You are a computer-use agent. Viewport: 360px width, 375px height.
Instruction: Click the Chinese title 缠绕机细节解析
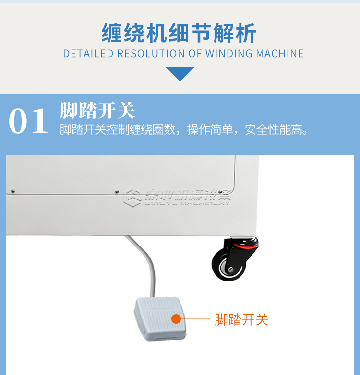(x=179, y=33)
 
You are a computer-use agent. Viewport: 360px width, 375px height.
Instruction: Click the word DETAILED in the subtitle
(x=88, y=53)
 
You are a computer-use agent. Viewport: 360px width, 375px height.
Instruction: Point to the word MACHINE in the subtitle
(x=280, y=53)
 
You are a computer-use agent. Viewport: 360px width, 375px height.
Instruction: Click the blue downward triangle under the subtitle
(x=180, y=73)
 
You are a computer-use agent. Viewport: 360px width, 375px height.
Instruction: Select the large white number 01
(x=28, y=122)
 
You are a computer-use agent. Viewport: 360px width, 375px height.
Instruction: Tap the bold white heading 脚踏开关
(x=97, y=110)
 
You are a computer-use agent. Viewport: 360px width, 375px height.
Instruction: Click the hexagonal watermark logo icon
(x=132, y=197)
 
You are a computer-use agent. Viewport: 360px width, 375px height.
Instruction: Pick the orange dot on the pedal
(x=176, y=319)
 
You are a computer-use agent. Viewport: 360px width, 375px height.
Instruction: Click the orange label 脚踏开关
(x=241, y=319)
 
